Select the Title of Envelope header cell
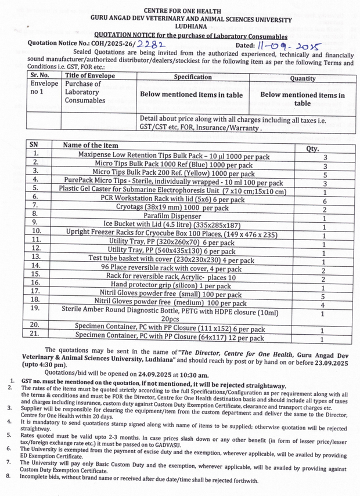[90, 75]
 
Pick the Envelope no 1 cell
[44, 88]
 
